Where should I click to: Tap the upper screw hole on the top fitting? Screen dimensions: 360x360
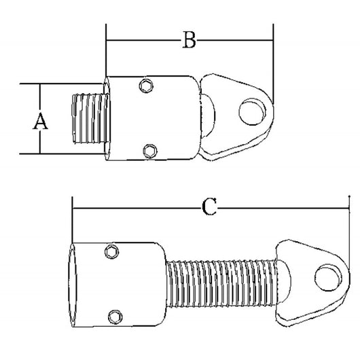click(145, 86)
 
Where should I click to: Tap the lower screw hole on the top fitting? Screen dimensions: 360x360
click(150, 149)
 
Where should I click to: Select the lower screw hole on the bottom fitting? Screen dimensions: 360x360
click(115, 315)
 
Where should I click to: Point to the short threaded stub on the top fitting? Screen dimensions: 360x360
click(87, 120)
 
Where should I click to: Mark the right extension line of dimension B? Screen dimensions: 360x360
click(273, 54)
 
